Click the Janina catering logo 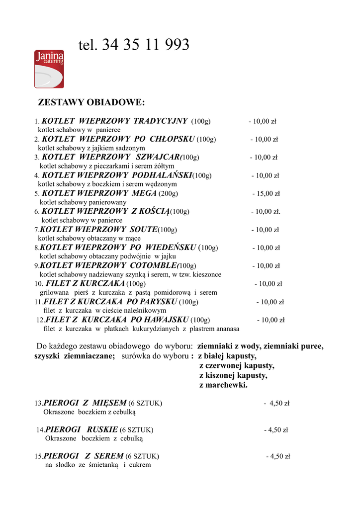[x=49, y=69]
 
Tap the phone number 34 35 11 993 [x=146, y=45]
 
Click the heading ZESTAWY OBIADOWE [x=91, y=103]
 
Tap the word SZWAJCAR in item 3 [x=158, y=157]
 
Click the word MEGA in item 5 [x=144, y=193]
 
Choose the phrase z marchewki [x=223, y=385]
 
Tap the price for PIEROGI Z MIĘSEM [x=277, y=403]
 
